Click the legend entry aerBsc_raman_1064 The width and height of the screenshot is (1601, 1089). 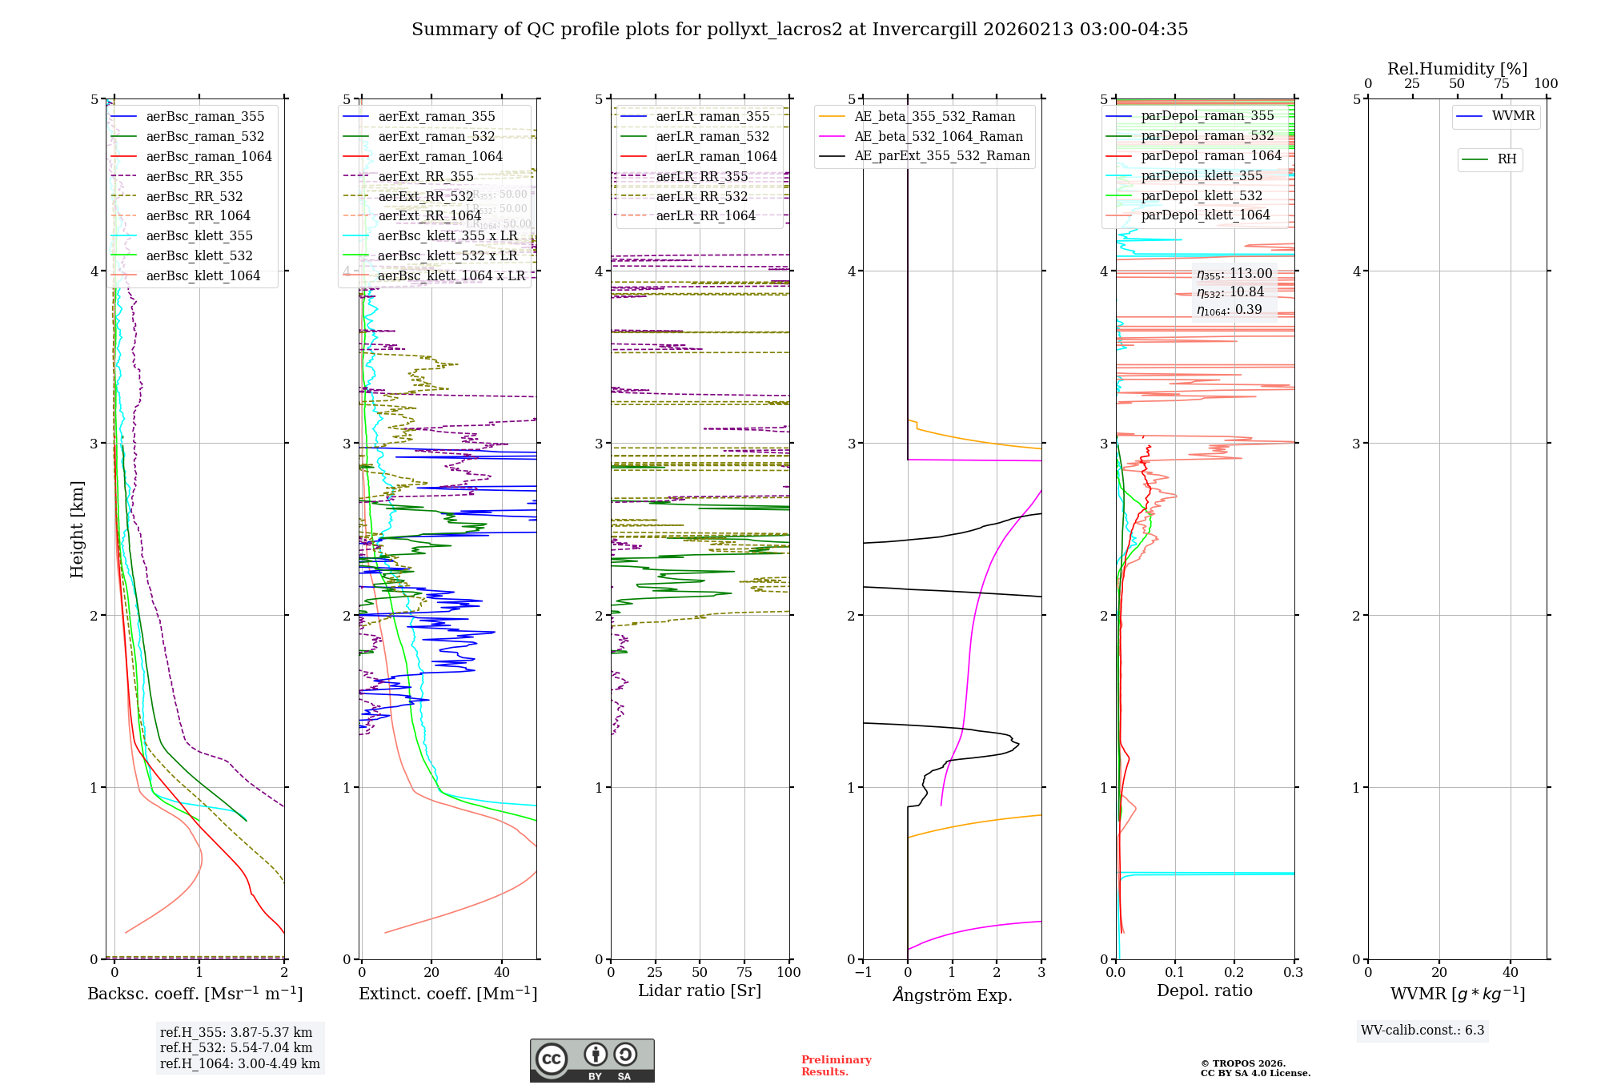208,157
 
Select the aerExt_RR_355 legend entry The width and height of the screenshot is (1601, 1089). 425,177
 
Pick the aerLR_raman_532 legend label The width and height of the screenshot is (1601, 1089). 712,137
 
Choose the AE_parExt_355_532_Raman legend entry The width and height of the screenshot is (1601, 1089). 941,156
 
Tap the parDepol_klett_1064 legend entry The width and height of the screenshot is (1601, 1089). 1205,215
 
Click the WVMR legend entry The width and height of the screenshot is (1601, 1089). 1512,116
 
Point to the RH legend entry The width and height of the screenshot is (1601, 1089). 1506,159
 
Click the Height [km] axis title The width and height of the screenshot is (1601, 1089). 77,528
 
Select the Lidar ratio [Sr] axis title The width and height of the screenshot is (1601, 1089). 699,991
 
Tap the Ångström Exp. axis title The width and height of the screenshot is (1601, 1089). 952,995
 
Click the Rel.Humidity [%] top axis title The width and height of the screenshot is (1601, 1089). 1457,69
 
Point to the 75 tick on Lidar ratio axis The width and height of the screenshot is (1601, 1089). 744,972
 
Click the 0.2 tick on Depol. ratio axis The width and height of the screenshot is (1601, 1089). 1234,972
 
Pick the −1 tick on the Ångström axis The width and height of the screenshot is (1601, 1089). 863,972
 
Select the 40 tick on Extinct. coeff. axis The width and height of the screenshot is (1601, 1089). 502,972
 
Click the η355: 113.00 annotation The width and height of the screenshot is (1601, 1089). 1234,274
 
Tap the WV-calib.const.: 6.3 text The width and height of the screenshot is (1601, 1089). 1422,1031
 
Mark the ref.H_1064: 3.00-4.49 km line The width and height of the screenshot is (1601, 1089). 239,1064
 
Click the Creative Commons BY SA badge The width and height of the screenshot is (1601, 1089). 592,1060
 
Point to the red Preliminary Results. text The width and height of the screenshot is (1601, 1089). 836,1066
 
